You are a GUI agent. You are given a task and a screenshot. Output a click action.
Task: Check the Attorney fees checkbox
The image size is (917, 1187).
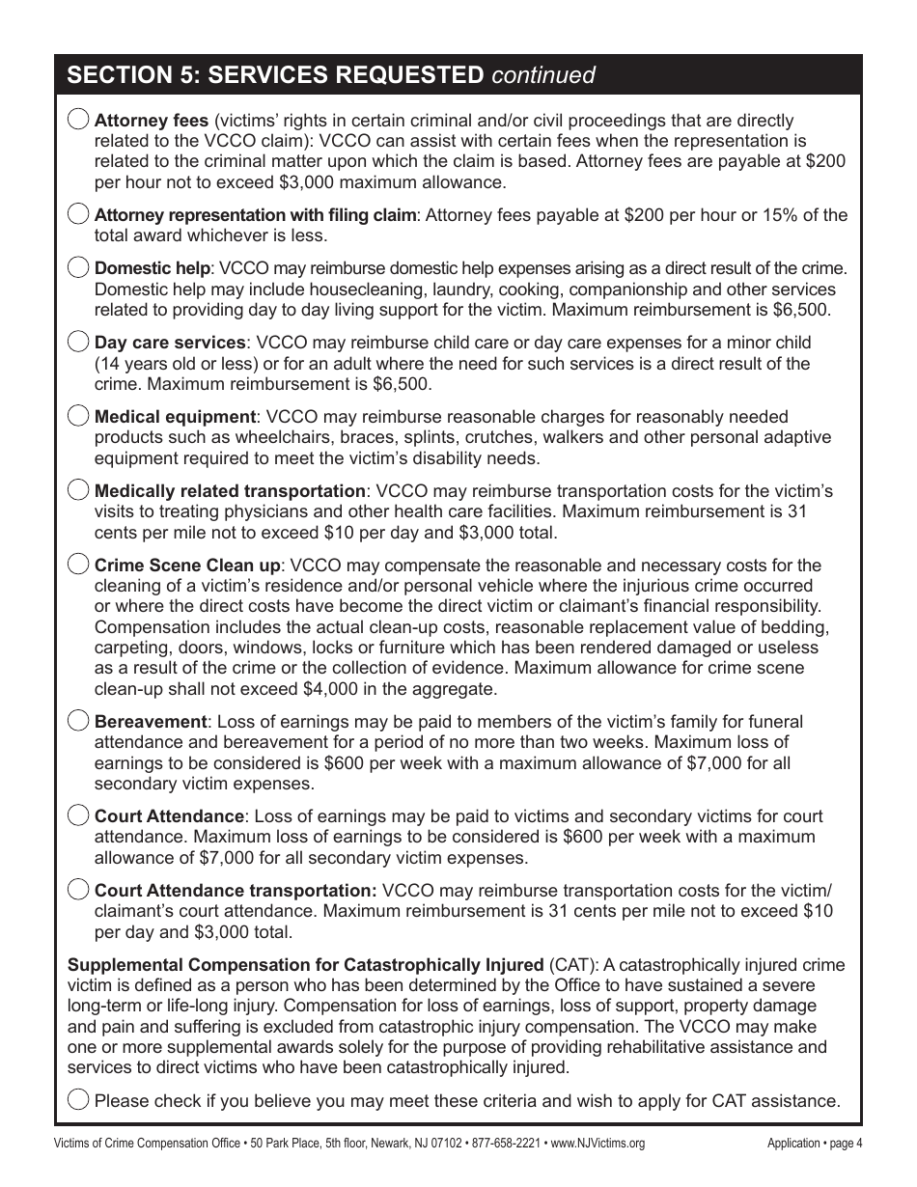tap(79, 120)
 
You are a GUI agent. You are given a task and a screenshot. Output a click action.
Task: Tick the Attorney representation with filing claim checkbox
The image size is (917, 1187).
tap(79, 214)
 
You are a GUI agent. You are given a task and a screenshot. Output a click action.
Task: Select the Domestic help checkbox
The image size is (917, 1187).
tap(79, 267)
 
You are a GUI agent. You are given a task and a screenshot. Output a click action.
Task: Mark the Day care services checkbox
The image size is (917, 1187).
tap(79, 342)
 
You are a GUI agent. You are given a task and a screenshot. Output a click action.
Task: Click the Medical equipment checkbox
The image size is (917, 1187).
tap(79, 416)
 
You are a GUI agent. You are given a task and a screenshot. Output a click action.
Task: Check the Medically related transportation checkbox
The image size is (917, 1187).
tap(79, 490)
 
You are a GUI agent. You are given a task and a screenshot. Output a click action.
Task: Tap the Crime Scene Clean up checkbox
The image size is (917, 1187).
tap(79, 565)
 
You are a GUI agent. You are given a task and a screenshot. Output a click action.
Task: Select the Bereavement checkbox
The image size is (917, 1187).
tap(79, 721)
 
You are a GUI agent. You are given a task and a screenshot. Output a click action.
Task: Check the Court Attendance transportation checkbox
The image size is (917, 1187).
tap(79, 890)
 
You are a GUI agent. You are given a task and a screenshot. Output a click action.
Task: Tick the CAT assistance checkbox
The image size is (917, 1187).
tap(79, 1100)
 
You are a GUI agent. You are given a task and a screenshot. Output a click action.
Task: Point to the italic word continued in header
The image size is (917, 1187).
tap(543, 74)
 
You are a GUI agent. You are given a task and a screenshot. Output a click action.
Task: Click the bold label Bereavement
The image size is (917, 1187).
tap(151, 722)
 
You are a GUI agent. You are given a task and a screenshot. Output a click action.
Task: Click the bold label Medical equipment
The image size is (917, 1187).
tap(175, 417)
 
